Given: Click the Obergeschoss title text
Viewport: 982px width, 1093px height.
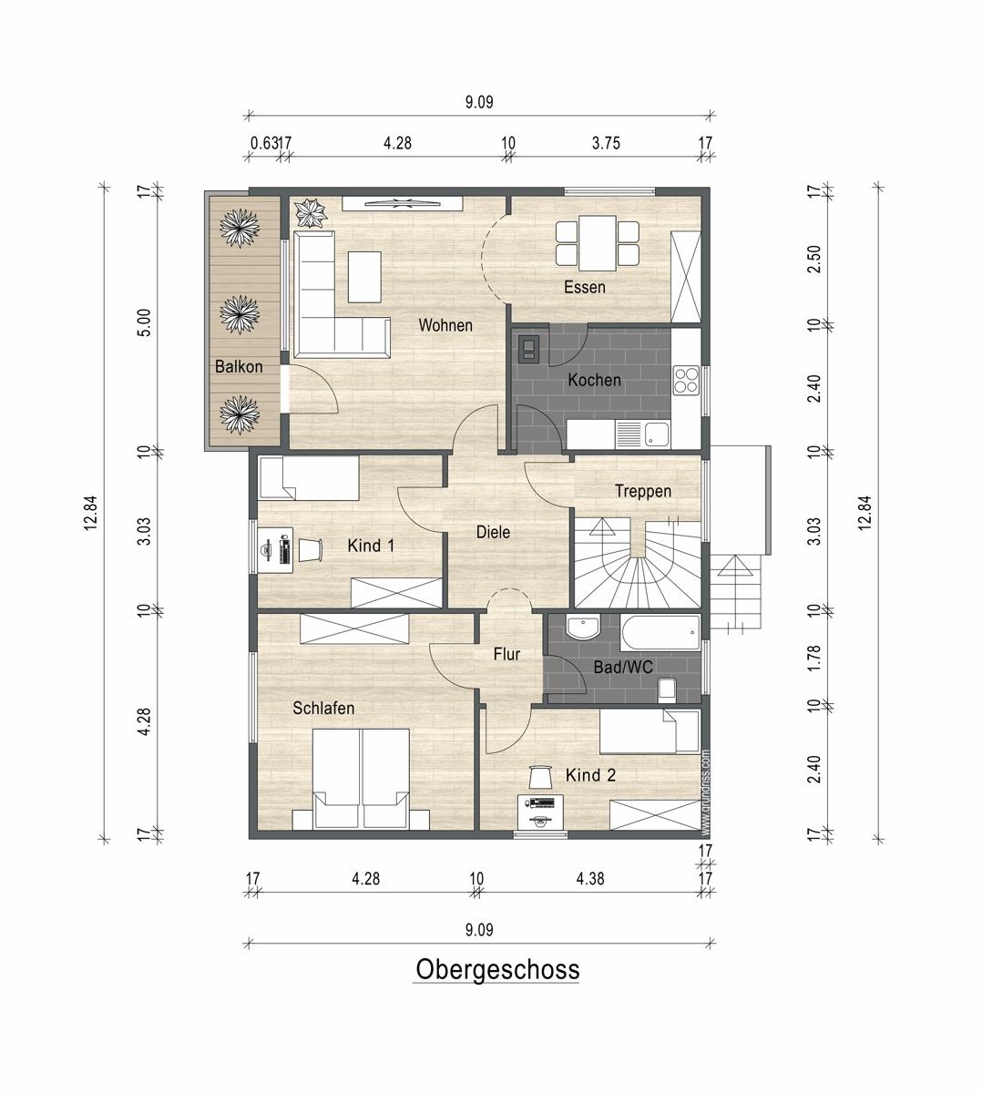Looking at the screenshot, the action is coord(497,969).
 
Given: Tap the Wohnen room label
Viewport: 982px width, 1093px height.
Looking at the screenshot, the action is coord(445,325).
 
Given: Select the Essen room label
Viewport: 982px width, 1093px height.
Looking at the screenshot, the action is coord(584,287).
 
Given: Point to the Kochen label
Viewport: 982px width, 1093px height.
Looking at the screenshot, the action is coord(594,380).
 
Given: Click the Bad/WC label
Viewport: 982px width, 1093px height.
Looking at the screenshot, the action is coord(623,668).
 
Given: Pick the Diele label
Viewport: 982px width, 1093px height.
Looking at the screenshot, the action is coord(493,532).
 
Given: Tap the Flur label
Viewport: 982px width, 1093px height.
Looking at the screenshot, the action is coord(506,654).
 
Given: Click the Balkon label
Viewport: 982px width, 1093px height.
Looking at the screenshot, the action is coord(239,367).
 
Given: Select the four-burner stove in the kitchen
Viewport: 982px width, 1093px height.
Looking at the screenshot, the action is coord(686,380).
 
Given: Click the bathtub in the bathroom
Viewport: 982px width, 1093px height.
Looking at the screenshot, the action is coord(660,633).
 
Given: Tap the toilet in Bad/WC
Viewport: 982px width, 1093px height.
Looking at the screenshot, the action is coord(667,690).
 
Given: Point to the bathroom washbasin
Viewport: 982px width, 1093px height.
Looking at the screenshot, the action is coord(583,628).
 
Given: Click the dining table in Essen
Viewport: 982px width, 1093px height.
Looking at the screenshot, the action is coord(598,243).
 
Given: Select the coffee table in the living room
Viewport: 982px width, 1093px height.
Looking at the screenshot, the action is coord(364,277).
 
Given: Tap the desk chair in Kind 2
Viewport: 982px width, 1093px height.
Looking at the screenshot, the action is coord(540,777).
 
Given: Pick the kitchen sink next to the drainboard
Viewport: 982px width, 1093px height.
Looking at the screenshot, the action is coord(656,434).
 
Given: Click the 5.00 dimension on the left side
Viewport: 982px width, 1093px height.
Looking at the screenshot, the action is coord(145,322).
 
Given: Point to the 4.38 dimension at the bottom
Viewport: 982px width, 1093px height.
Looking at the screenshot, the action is coord(590,879).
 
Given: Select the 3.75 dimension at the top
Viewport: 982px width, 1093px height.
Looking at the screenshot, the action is coord(606,143).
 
